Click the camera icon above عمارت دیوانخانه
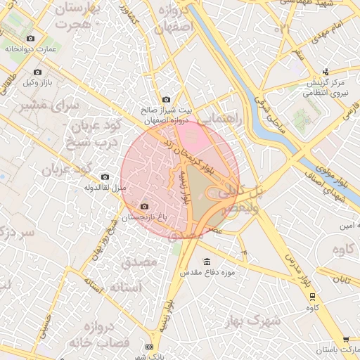[x=30, y=39]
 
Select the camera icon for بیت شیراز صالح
[x=166, y=100]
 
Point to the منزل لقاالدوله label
[x=105, y=188]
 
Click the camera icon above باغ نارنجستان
[x=145, y=207]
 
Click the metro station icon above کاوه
[x=310, y=297]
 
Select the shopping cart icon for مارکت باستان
[x=346, y=340]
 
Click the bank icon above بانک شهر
[x=149, y=347]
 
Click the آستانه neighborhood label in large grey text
[x=127, y=288]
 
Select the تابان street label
[x=342, y=280]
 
